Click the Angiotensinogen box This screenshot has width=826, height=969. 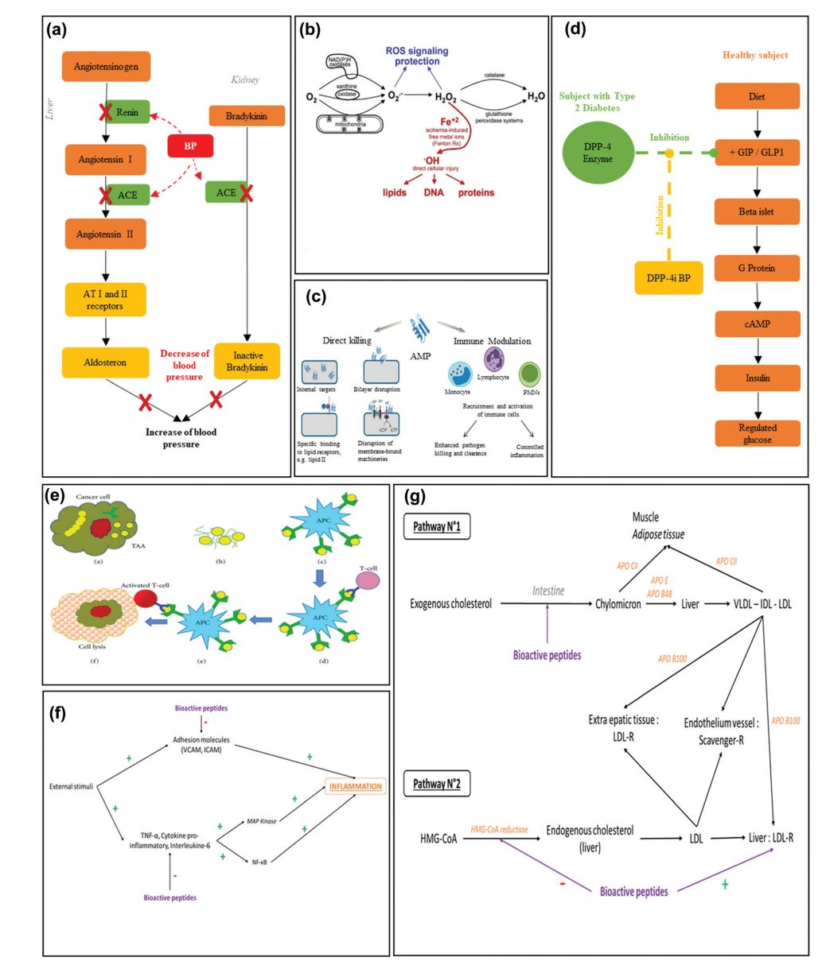[x=106, y=68]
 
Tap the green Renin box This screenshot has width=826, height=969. [x=125, y=113]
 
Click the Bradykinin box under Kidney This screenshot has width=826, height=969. [x=246, y=116]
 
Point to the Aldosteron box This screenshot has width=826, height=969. [x=105, y=362]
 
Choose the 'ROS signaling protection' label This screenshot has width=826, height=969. [x=417, y=56]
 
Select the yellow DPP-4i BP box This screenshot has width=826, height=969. [x=668, y=277]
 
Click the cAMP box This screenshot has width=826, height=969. [x=757, y=324]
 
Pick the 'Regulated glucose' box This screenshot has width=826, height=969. [x=757, y=433]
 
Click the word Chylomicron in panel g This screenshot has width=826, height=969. [x=618, y=604]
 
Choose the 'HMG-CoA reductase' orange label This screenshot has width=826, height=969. [x=499, y=829]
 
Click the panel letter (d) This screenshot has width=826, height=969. [x=576, y=30]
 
